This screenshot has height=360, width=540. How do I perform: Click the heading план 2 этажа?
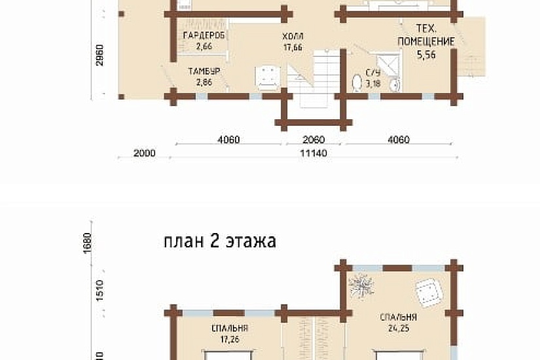coord(219,241)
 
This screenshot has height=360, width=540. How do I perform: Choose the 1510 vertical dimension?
coord(99,293)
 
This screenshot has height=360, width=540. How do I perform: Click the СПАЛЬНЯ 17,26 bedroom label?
coord(229,333)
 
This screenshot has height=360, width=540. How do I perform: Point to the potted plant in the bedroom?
coord(361,286)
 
